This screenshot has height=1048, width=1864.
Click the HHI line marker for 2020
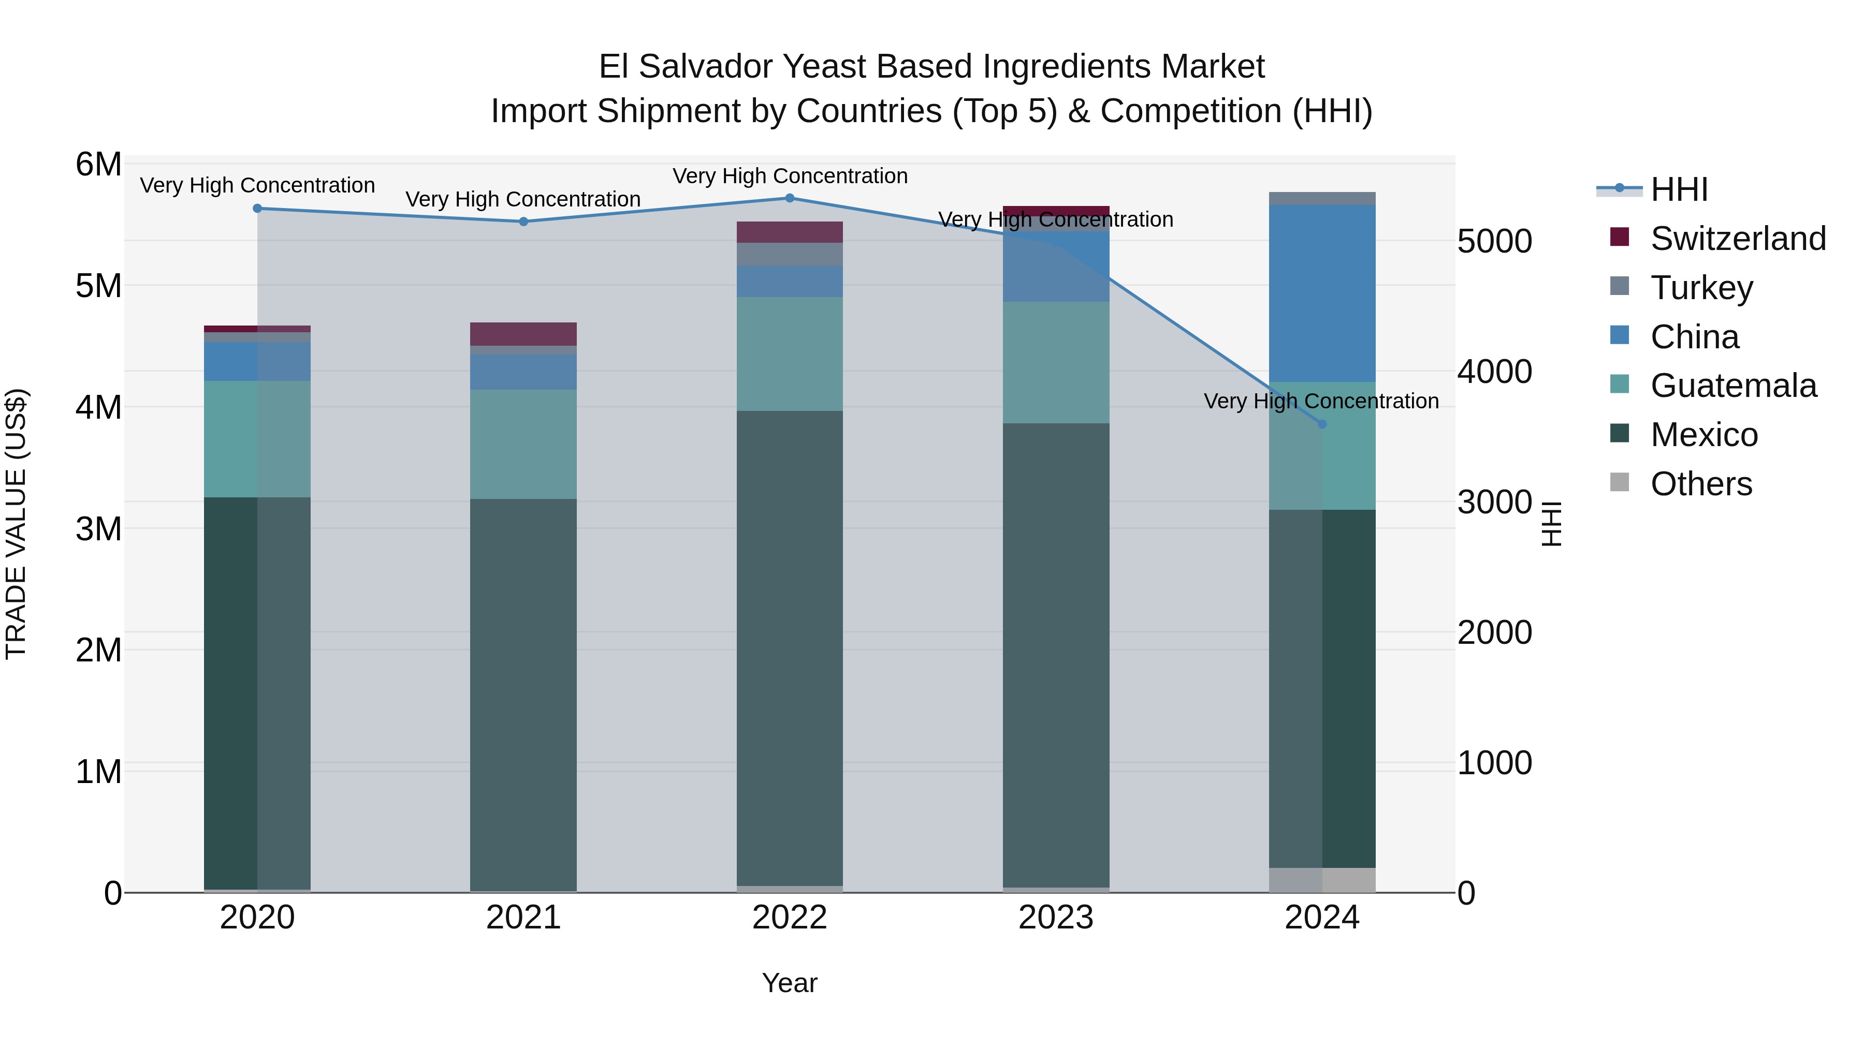click(258, 208)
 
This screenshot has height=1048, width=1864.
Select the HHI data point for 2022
click(790, 198)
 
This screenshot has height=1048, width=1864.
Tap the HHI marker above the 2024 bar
click(1322, 424)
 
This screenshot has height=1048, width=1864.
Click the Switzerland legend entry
click(1737, 239)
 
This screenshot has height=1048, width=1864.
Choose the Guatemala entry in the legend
click(1733, 386)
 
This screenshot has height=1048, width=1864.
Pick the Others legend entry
click(1700, 484)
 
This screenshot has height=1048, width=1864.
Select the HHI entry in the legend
click(1679, 189)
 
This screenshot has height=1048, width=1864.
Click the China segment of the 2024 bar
click(1322, 293)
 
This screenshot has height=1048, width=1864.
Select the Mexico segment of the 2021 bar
click(523, 695)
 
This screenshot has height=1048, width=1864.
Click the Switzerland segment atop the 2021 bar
click(523, 333)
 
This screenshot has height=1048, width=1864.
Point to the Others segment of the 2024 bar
click(1322, 879)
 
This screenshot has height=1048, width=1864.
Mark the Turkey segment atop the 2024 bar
click(1322, 198)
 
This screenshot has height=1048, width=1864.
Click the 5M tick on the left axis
click(98, 286)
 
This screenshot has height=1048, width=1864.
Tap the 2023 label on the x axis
click(1056, 918)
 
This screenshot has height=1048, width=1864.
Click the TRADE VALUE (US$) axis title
click(16, 524)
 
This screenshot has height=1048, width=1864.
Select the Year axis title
click(790, 983)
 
